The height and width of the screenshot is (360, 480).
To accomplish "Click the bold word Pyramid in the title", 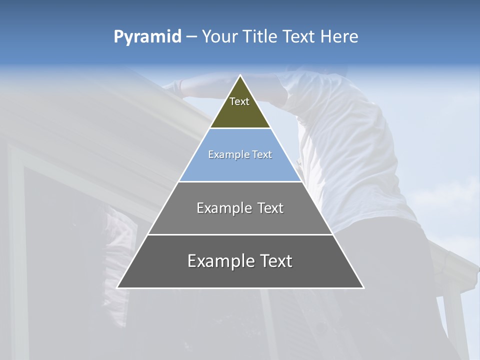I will tap(147, 36).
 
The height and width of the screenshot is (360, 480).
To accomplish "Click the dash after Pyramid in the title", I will tap(191, 37).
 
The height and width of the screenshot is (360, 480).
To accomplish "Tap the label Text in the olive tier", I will tap(239, 101).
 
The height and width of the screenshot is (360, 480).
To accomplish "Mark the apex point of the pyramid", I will tap(240, 76).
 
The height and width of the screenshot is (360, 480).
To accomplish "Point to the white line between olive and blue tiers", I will tap(240, 128).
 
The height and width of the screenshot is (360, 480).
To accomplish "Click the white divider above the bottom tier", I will tap(240, 234).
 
